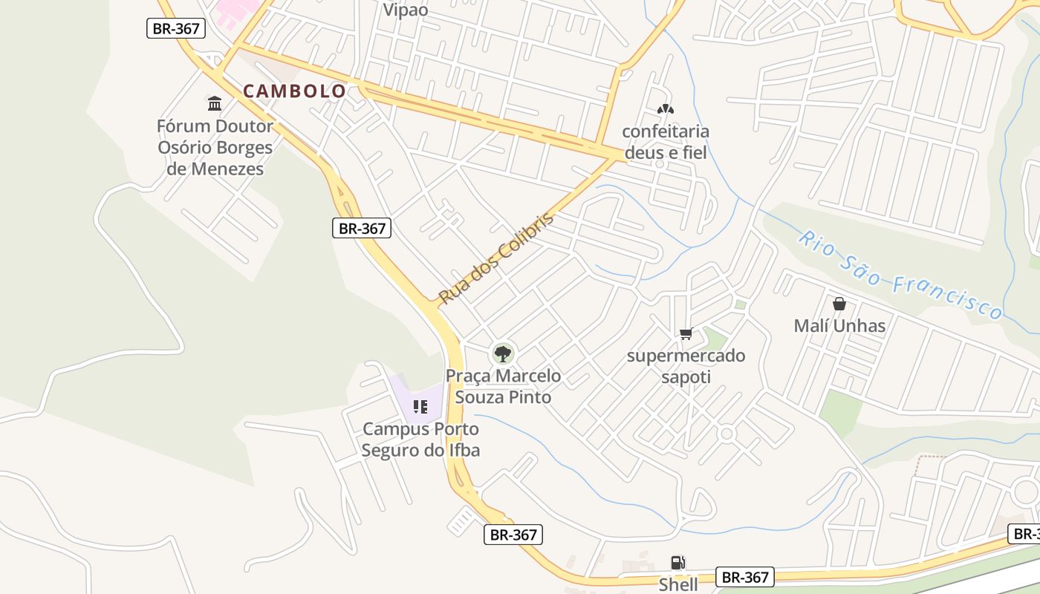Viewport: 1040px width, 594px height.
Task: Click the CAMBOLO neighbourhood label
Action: (x=294, y=91)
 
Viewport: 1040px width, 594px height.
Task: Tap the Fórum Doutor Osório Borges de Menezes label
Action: (x=215, y=148)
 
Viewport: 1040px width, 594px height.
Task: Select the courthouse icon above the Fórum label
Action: (x=215, y=102)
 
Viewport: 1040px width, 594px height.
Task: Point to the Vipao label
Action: (x=406, y=10)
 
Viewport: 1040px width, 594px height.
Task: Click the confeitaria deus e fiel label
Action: (x=666, y=142)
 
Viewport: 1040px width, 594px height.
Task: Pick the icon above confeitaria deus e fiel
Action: (x=665, y=110)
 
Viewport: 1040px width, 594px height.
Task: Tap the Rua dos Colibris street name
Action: (x=496, y=258)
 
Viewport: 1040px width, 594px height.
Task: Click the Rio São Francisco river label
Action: (x=900, y=275)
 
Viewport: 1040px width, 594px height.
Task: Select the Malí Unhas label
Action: (x=839, y=326)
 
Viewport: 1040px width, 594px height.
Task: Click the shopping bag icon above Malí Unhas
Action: (x=839, y=304)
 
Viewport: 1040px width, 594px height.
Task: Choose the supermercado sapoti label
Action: (x=686, y=366)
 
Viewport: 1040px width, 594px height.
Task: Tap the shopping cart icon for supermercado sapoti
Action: (x=686, y=334)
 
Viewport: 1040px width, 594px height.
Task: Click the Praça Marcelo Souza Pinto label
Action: (x=503, y=386)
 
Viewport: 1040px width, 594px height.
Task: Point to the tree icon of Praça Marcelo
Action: (x=503, y=353)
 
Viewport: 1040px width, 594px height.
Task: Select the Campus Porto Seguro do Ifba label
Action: (x=420, y=440)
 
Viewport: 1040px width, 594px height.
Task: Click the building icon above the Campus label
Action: (x=420, y=407)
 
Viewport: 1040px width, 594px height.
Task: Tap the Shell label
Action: (x=678, y=584)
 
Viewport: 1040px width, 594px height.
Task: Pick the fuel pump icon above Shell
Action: (x=677, y=563)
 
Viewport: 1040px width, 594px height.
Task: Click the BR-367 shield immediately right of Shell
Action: (x=746, y=577)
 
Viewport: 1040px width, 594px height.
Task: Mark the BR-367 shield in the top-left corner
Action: (x=175, y=28)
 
